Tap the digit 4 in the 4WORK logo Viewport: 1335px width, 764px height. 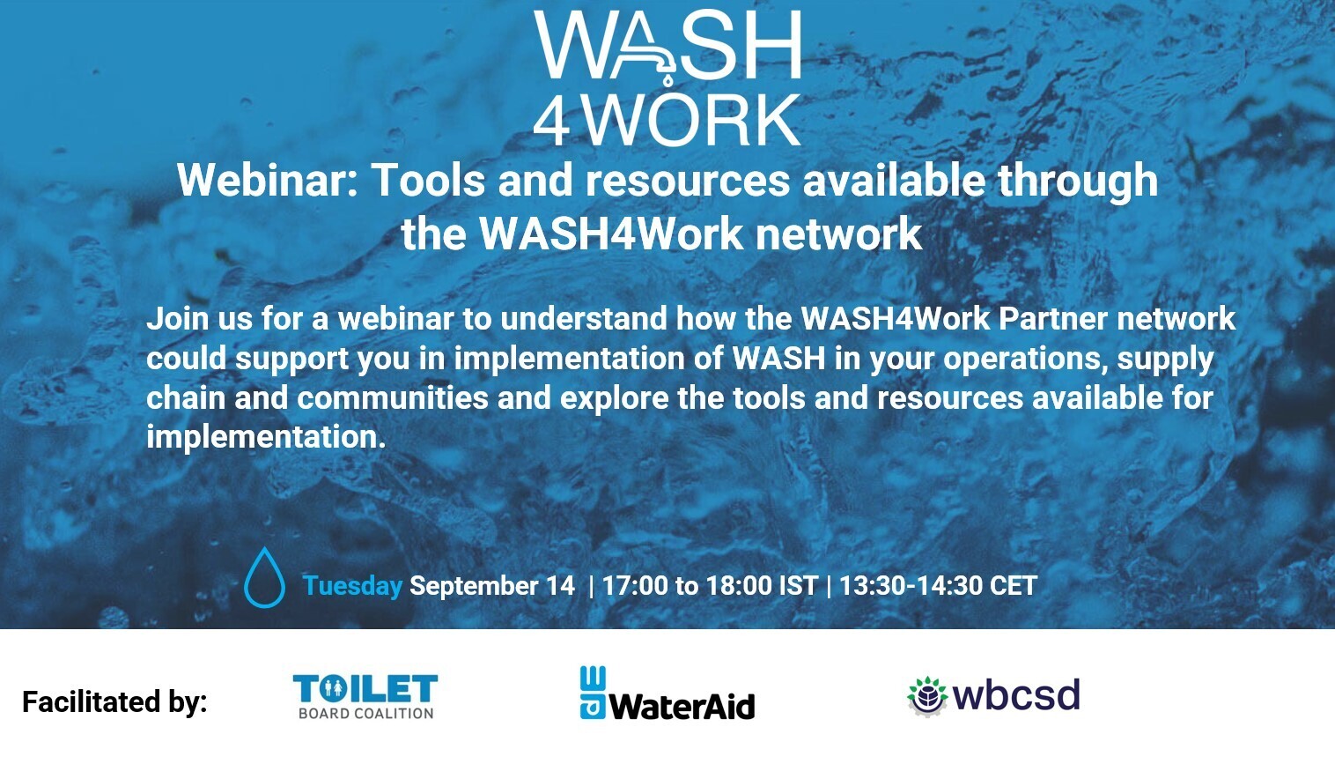pyautogui.click(x=550, y=122)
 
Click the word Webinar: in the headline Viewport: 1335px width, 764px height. pyautogui.click(x=267, y=180)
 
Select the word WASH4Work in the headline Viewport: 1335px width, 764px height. pyautogui.click(x=611, y=234)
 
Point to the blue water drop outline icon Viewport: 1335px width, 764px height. pyautogui.click(x=264, y=577)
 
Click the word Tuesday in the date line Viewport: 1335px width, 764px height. pyautogui.click(x=352, y=586)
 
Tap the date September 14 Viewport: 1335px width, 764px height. pyautogui.click(x=492, y=586)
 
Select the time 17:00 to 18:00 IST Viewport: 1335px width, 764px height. pyautogui.click(x=710, y=586)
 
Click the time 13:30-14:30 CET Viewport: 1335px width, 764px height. pyautogui.click(x=938, y=586)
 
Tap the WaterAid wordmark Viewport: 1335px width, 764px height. pyautogui.click(x=683, y=708)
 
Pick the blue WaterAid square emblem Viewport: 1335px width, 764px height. pyautogui.click(x=593, y=693)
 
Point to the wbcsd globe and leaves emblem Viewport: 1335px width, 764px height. pyautogui.click(x=927, y=696)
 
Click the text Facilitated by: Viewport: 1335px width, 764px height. pyautogui.click(x=114, y=702)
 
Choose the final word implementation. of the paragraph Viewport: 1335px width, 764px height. pyautogui.click(x=267, y=438)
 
